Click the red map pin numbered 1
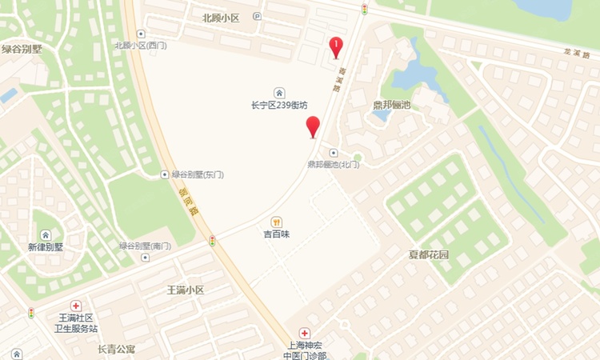point(336,46)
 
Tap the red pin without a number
point(313,126)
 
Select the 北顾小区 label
point(222,16)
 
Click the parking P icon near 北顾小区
point(256,16)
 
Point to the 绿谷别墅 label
point(22,49)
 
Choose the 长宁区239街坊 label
point(278,105)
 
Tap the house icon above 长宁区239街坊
point(278,92)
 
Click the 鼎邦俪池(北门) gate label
point(334,164)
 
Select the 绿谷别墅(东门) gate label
point(195,174)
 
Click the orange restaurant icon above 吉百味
point(276,222)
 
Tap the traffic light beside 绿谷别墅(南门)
point(213,240)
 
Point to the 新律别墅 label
point(46,247)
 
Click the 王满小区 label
point(186,290)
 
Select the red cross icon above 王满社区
point(76,306)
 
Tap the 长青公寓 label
point(117,349)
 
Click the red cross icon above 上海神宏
point(305,333)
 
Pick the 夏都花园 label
point(429,255)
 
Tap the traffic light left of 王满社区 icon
point(31,312)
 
